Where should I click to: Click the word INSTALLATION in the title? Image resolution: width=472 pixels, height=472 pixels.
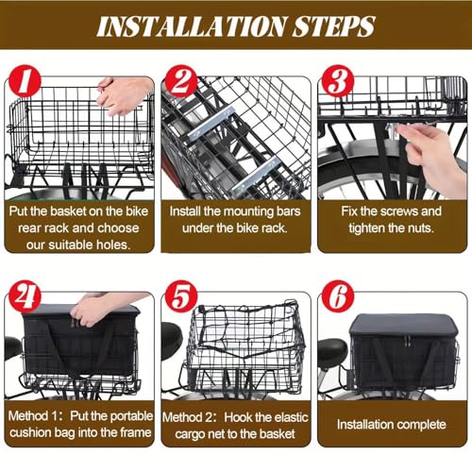(x=192, y=26)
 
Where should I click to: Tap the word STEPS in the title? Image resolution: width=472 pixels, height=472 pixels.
(x=334, y=26)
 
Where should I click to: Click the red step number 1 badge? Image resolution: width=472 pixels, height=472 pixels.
(x=25, y=81)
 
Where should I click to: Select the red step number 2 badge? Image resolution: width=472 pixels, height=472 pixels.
(x=181, y=81)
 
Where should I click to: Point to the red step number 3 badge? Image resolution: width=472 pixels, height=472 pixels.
(x=337, y=81)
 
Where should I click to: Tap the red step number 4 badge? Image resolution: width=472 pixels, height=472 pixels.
(x=25, y=296)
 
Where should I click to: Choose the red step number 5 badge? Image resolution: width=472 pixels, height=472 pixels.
(x=181, y=296)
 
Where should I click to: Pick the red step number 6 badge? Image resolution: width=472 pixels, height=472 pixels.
(x=337, y=296)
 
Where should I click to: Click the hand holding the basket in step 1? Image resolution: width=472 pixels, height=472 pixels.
(x=125, y=95)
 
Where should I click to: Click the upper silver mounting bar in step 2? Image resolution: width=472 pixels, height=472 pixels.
(x=211, y=123)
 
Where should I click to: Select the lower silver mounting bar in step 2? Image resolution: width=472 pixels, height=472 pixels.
(x=255, y=176)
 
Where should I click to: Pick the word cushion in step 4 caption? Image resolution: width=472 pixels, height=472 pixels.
(x=30, y=432)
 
